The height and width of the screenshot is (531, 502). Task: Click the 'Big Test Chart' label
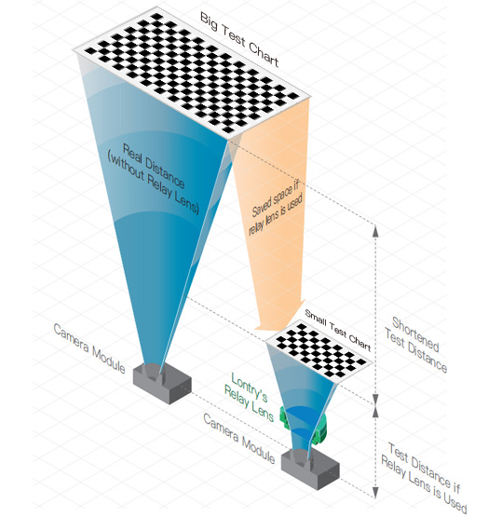tap(239, 40)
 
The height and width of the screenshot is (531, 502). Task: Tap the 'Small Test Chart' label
tap(338, 330)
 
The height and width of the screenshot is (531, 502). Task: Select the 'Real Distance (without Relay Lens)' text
tap(154, 178)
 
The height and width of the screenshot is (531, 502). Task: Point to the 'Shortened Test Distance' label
tap(416, 345)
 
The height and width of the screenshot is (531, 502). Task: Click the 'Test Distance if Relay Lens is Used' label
tap(424, 478)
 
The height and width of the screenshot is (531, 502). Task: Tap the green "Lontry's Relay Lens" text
tap(250, 396)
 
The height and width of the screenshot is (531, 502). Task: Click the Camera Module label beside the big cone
tap(89, 347)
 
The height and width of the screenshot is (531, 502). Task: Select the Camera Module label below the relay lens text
tap(239, 439)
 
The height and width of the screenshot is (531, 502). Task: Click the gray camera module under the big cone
tap(162, 383)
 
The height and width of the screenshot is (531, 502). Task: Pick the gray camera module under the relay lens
tap(310, 468)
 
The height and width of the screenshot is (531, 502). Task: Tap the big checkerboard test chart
tap(192, 74)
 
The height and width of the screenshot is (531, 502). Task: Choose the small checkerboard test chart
tap(319, 351)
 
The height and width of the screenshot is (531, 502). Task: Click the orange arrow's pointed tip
tap(257, 329)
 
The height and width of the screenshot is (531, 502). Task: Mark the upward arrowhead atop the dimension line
tap(375, 231)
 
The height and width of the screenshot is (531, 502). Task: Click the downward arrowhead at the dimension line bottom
tap(375, 493)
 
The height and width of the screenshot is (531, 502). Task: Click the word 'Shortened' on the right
tap(415, 334)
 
